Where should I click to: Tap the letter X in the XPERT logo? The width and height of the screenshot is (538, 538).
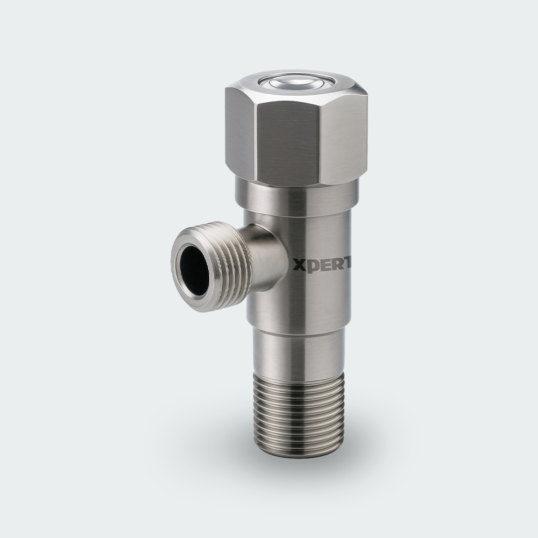(298, 264)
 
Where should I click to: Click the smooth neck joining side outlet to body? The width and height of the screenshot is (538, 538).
(267, 258)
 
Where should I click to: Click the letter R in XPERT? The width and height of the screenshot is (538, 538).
(334, 264)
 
